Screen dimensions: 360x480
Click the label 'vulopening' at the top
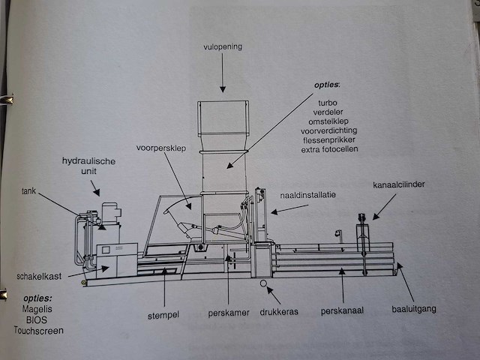coord(223,47)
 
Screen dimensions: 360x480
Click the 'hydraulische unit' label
coord(88,166)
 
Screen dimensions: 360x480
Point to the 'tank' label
coord(29,190)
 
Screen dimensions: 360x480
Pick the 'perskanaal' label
coord(342,309)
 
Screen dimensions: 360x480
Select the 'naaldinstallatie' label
coord(308,194)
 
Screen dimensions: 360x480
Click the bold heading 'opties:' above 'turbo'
coord(327,83)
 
